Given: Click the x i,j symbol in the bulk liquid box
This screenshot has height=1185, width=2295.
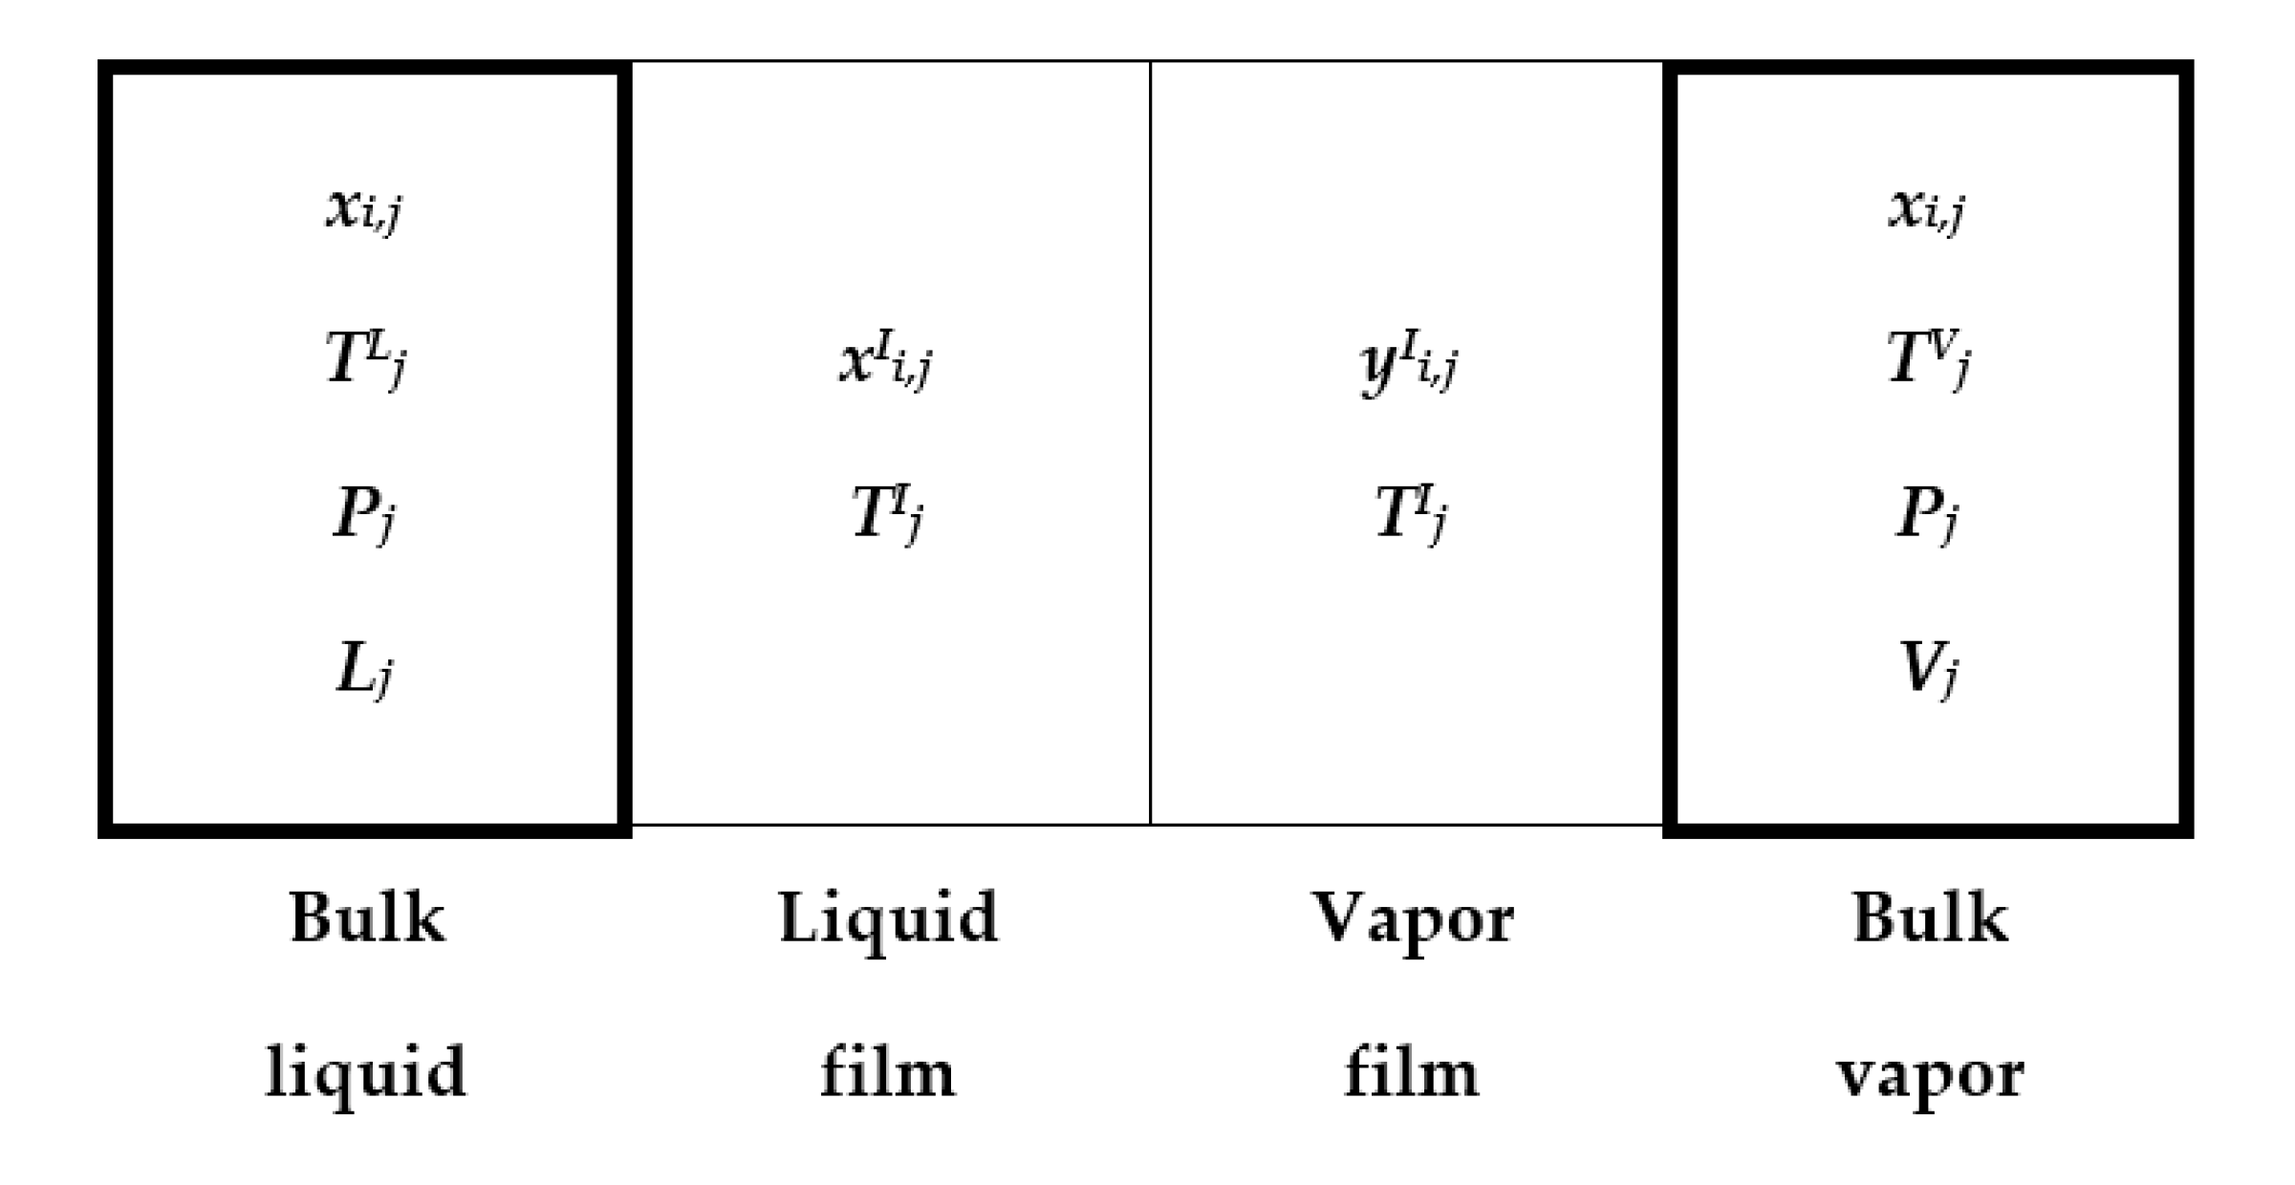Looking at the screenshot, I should click(363, 208).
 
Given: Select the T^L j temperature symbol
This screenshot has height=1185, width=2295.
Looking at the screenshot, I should click(365, 359).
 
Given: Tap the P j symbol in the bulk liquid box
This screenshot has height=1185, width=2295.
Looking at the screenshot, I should click(363, 514).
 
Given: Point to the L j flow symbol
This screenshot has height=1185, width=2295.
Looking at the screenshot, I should click(364, 669).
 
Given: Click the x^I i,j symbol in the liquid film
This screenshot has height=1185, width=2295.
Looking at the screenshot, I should click(885, 361).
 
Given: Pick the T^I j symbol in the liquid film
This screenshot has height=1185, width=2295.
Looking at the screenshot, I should click(887, 513).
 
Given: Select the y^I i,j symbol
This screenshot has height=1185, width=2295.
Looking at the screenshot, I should click(1409, 363).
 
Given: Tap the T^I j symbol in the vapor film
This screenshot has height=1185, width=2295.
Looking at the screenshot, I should click(1411, 513).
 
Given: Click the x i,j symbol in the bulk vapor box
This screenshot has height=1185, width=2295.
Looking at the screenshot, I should click(1926, 208).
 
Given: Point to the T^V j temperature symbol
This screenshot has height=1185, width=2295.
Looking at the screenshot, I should click(1928, 359).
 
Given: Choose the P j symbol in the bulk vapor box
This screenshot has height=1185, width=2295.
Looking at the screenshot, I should click(1926, 514).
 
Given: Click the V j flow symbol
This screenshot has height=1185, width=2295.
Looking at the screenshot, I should click(1927, 669).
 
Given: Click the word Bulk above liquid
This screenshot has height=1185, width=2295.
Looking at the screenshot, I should click(367, 918).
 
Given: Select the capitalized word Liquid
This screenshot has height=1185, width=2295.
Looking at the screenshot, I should click(888, 920).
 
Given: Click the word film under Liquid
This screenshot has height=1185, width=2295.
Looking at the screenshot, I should click(887, 1072).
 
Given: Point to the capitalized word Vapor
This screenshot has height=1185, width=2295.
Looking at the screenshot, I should click(1412, 920).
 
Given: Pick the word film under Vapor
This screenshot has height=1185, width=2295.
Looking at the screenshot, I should click(1411, 1072).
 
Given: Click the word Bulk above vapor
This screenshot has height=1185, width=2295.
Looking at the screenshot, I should click(1930, 918).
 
